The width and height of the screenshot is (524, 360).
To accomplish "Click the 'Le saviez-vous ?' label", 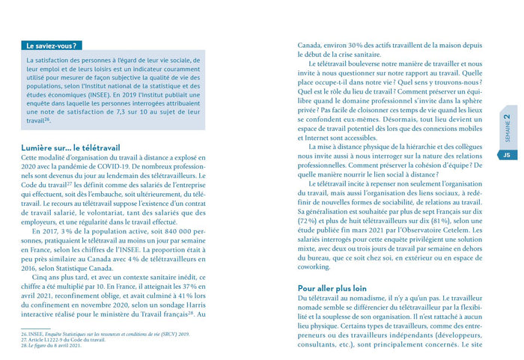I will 53,46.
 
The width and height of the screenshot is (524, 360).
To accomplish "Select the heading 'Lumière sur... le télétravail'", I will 70,148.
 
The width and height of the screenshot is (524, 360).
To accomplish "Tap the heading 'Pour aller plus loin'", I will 332,287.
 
